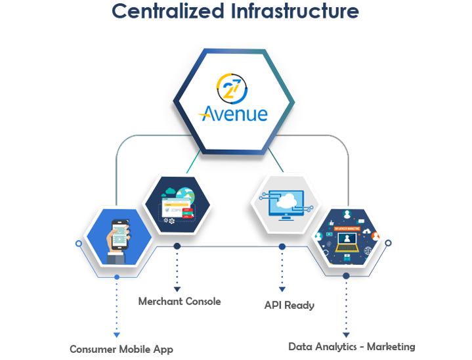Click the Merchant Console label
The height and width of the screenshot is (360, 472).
pos(179,302)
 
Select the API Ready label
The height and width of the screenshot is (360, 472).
pos(290,305)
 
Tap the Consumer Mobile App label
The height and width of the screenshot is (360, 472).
pos(121,349)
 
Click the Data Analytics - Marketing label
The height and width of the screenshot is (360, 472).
pos(351,346)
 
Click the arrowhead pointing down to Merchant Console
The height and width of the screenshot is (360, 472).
pos(176,287)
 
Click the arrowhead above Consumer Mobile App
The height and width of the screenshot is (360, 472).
pos(116,336)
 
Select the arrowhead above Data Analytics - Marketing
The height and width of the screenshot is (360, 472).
pos(345,334)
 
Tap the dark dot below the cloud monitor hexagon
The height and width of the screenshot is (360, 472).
pos(282,246)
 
